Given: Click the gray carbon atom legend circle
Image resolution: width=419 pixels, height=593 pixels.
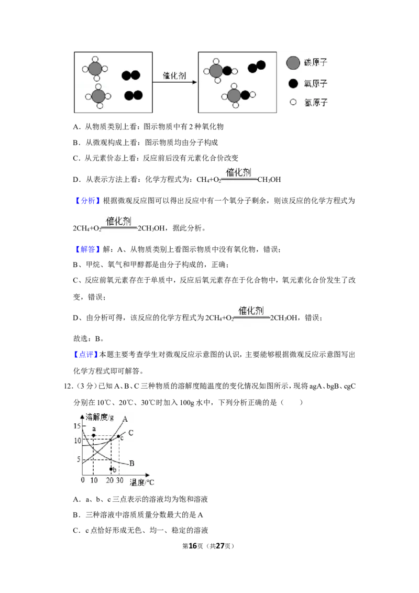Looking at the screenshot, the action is pyautogui.click(x=293, y=63).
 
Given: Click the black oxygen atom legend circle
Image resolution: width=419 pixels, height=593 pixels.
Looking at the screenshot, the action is pyautogui.click(x=293, y=84).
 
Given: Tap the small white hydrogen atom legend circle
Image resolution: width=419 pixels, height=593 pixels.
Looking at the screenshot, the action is pyautogui.click(x=293, y=102).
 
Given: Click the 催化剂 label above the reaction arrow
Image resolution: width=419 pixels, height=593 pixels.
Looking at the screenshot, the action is pyautogui.click(x=174, y=75).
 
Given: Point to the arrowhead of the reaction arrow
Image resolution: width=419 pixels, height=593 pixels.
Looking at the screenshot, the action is pyautogui.click(x=195, y=82).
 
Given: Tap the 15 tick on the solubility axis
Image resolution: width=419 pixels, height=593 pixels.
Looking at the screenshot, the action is pyautogui.click(x=77, y=426).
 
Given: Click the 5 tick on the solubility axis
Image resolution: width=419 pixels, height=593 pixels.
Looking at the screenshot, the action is pyautogui.click(x=79, y=459).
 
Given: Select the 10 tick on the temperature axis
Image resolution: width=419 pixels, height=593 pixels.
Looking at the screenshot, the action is pyautogui.click(x=94, y=480).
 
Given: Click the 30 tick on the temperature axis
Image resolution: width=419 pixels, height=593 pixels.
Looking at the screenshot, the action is pyautogui.click(x=119, y=480).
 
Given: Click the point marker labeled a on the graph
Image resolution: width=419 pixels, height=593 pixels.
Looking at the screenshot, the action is pyautogui.click(x=93, y=436).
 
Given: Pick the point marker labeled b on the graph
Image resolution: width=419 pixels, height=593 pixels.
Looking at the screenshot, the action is pyautogui.click(x=111, y=469).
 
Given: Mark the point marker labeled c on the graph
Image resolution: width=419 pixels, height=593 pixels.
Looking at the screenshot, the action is pyautogui.click(x=119, y=437).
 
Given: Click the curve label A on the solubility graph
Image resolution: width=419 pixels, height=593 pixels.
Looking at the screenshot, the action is pyautogui.click(x=125, y=419).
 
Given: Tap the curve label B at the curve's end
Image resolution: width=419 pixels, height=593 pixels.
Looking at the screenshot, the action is pyautogui.click(x=131, y=463).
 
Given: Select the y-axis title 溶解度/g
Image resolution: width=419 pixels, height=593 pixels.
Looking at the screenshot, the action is pyautogui.click(x=100, y=417).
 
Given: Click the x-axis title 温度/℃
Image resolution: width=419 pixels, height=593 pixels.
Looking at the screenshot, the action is pyautogui.click(x=142, y=482).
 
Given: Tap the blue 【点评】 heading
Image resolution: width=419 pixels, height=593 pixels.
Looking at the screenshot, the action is pyautogui.click(x=86, y=354).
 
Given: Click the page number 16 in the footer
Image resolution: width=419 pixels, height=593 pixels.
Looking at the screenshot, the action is pyautogui.click(x=193, y=546).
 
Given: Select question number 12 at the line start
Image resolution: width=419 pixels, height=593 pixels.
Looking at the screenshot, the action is pyautogui.click(x=68, y=386).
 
